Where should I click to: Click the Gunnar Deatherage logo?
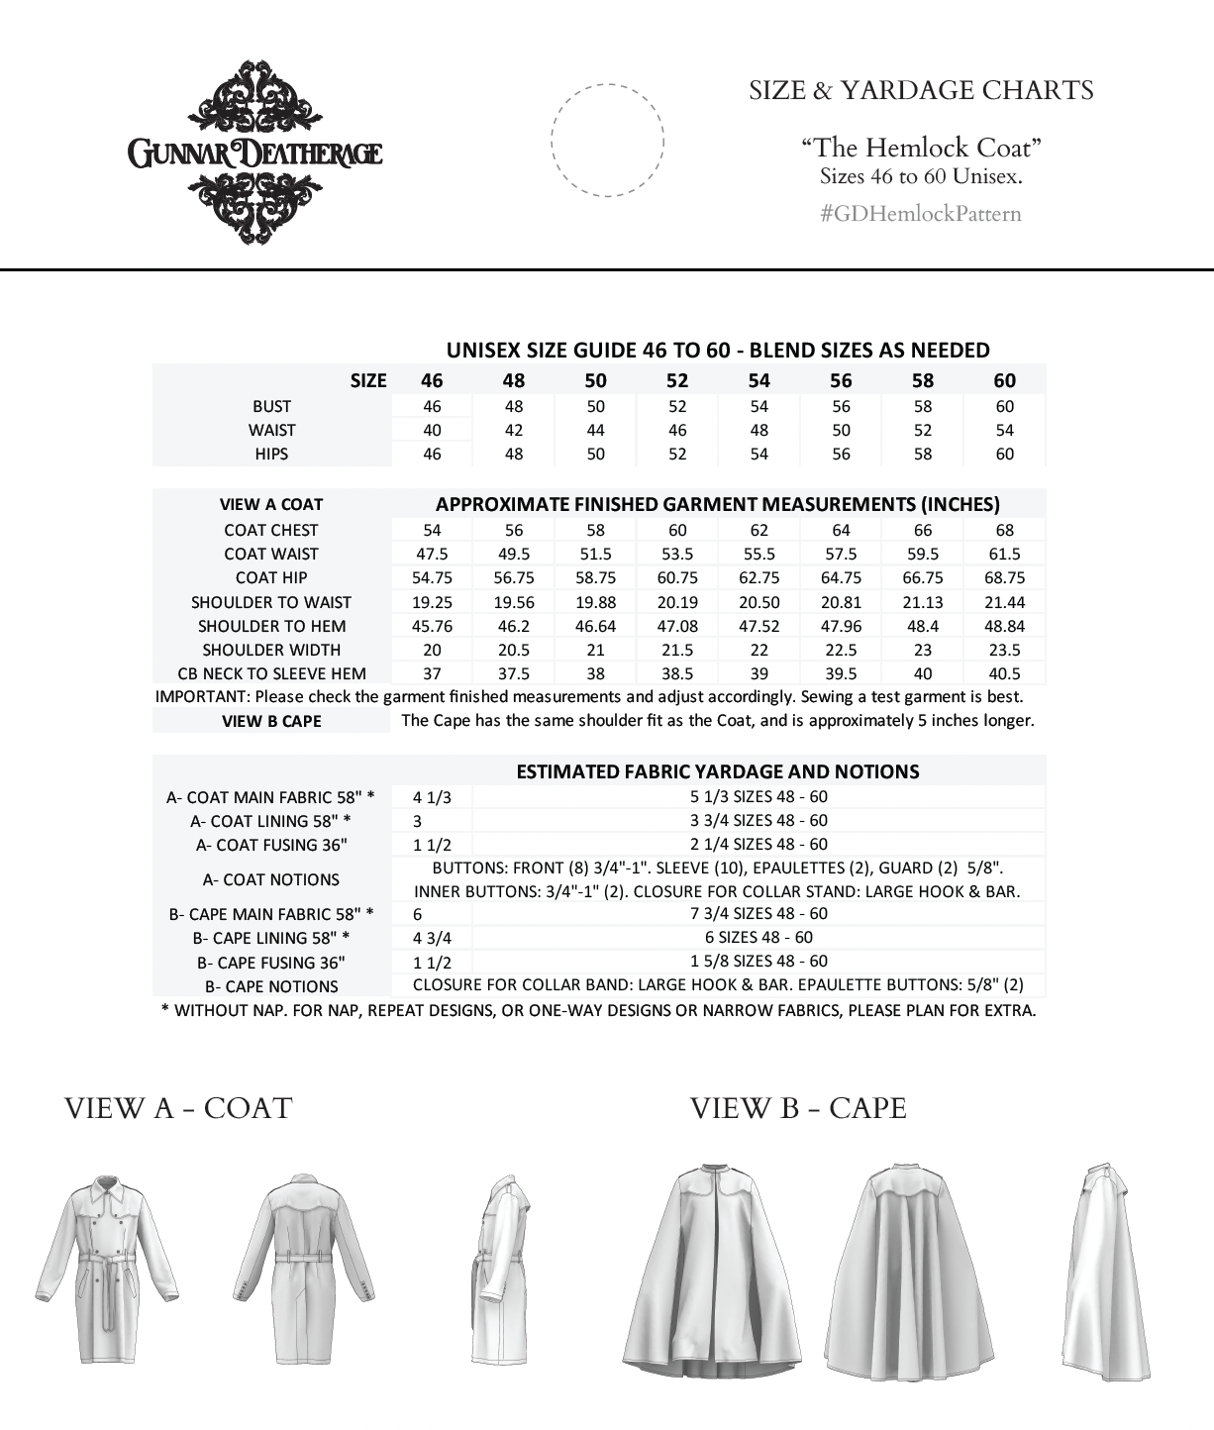254,153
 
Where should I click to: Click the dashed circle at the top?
607,140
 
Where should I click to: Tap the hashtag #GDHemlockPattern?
920,214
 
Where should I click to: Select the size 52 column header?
677,380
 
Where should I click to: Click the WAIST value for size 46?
432,430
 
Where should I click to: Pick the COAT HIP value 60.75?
677,577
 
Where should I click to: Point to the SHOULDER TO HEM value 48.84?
1004,626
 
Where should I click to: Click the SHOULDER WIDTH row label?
271,650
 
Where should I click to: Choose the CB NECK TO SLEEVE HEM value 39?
759,673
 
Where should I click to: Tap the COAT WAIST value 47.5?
432,554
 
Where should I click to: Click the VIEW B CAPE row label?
271,721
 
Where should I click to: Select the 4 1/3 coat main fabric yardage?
432,796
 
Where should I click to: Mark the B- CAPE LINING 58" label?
271,938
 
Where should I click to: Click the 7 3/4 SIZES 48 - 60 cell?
759,913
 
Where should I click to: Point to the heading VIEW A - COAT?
178,1108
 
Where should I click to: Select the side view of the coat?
500,1273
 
